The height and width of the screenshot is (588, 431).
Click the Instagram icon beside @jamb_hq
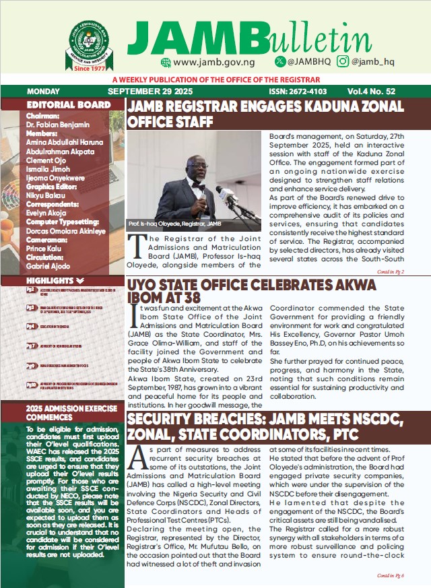343,62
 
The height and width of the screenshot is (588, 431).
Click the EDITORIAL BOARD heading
68,105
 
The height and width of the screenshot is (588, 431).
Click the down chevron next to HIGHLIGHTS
80,280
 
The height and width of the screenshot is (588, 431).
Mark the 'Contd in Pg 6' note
409,576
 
